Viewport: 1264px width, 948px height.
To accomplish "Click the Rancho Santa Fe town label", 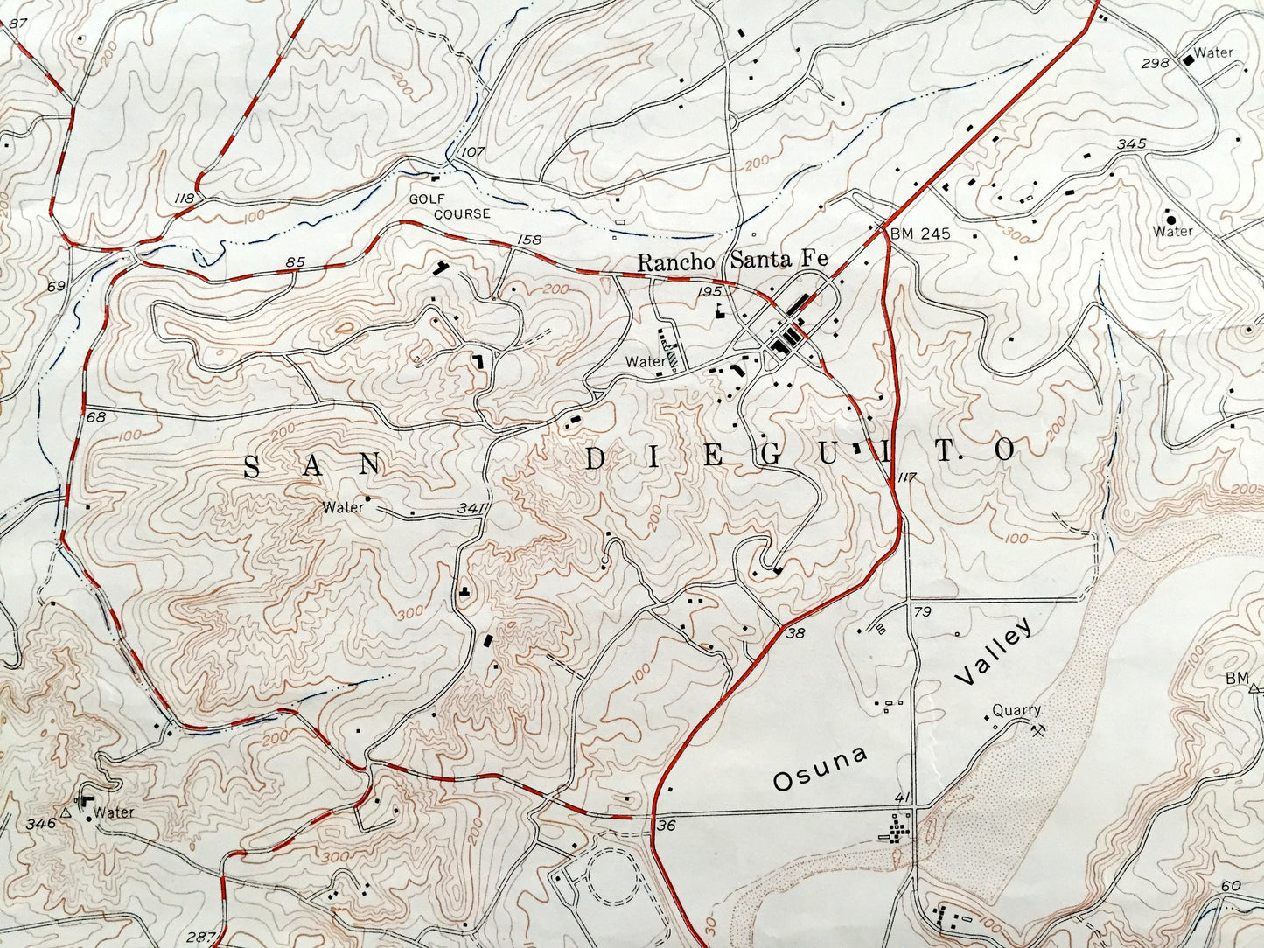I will [732, 261].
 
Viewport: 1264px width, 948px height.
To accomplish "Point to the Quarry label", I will [1016, 711].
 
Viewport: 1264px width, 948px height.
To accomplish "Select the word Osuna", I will [820, 769].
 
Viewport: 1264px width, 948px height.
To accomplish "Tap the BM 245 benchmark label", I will [920, 234].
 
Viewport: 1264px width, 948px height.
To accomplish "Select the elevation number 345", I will [1131, 144].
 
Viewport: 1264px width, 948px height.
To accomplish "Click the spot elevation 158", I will [529, 240].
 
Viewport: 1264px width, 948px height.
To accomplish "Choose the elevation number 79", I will [922, 610].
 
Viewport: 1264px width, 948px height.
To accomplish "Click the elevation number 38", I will [795, 633].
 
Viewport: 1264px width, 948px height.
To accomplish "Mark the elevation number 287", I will [200, 938].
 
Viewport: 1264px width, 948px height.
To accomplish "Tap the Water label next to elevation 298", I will [1213, 52].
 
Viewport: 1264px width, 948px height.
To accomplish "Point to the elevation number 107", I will [473, 152].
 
